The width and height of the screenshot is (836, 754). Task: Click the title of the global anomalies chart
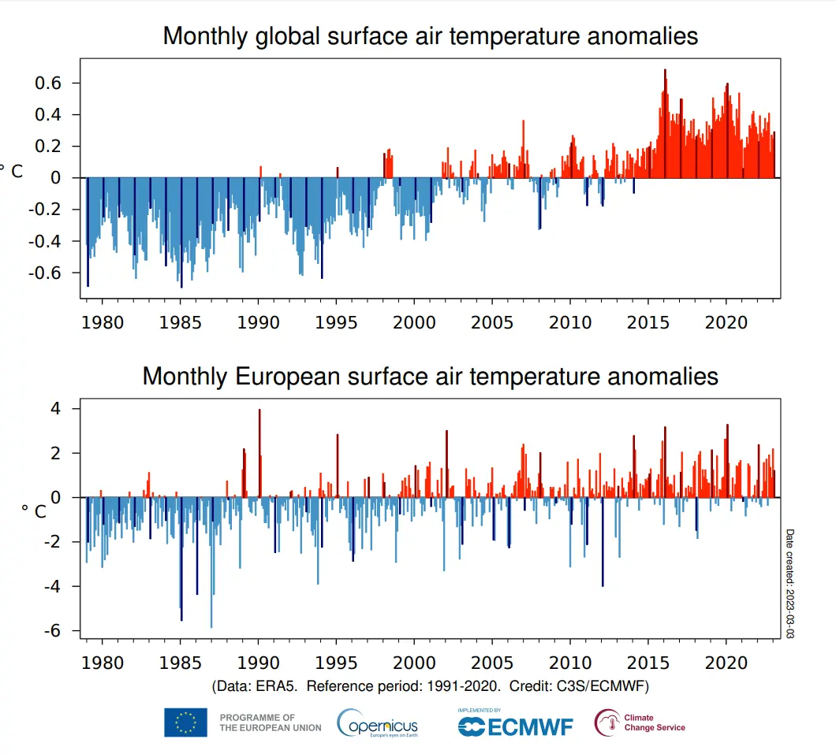click(430, 36)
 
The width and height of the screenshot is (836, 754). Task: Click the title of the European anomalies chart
click(430, 376)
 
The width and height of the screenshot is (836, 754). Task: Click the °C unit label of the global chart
click(11, 171)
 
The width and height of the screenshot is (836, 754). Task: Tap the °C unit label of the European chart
click(33, 511)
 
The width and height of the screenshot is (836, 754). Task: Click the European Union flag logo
click(185, 722)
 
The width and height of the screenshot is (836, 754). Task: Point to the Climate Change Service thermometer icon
click(607, 722)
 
